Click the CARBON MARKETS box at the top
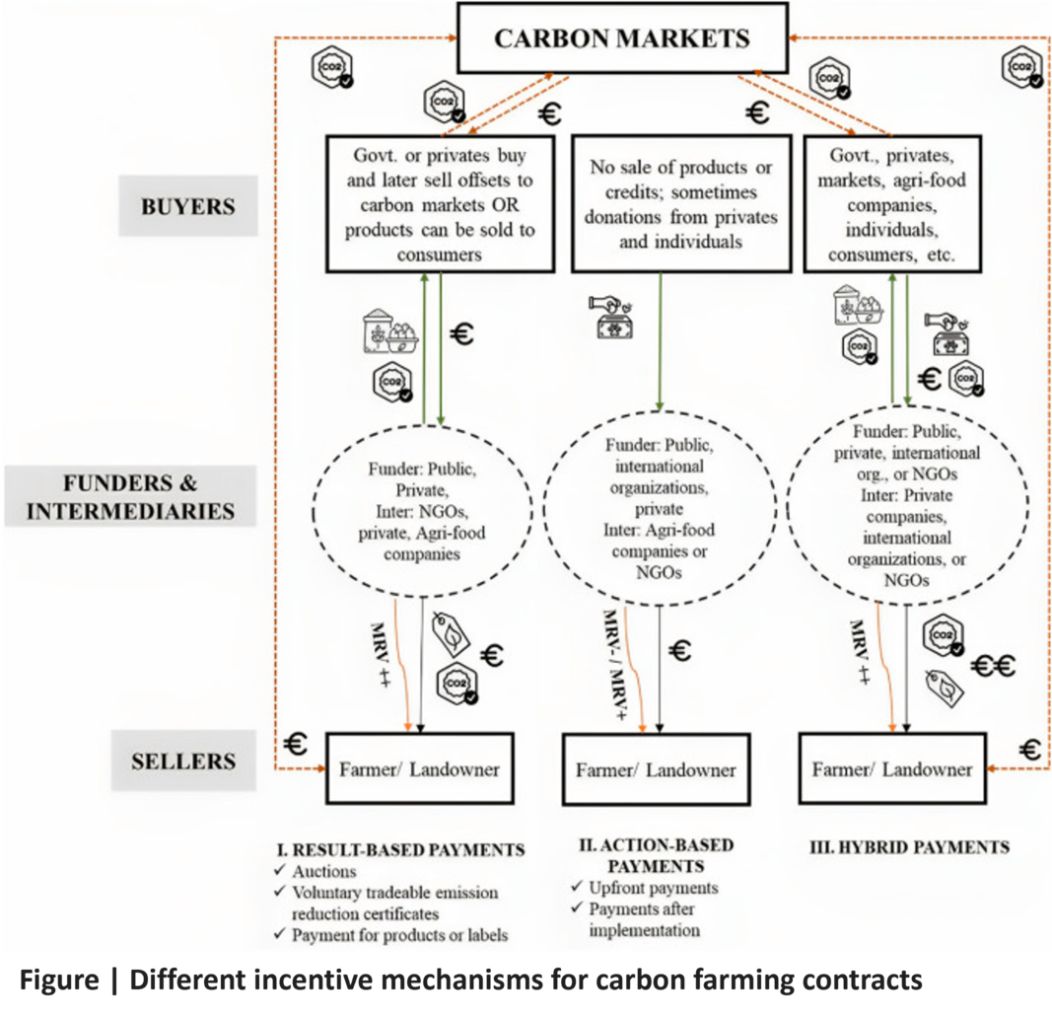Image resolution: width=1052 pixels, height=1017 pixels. (x=622, y=39)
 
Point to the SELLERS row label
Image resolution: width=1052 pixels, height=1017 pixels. (x=184, y=761)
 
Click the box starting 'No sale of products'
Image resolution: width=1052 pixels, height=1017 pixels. (x=681, y=202)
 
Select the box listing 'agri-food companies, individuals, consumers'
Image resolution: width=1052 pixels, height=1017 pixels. (x=892, y=202)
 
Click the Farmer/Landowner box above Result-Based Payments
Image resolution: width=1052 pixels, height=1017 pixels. (x=421, y=768)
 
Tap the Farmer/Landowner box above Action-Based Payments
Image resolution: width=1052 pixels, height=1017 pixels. (x=656, y=769)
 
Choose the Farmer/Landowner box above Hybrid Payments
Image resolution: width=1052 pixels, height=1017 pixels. (x=891, y=768)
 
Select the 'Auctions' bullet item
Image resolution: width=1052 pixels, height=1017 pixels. (x=324, y=872)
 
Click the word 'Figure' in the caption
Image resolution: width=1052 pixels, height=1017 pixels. (x=59, y=981)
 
